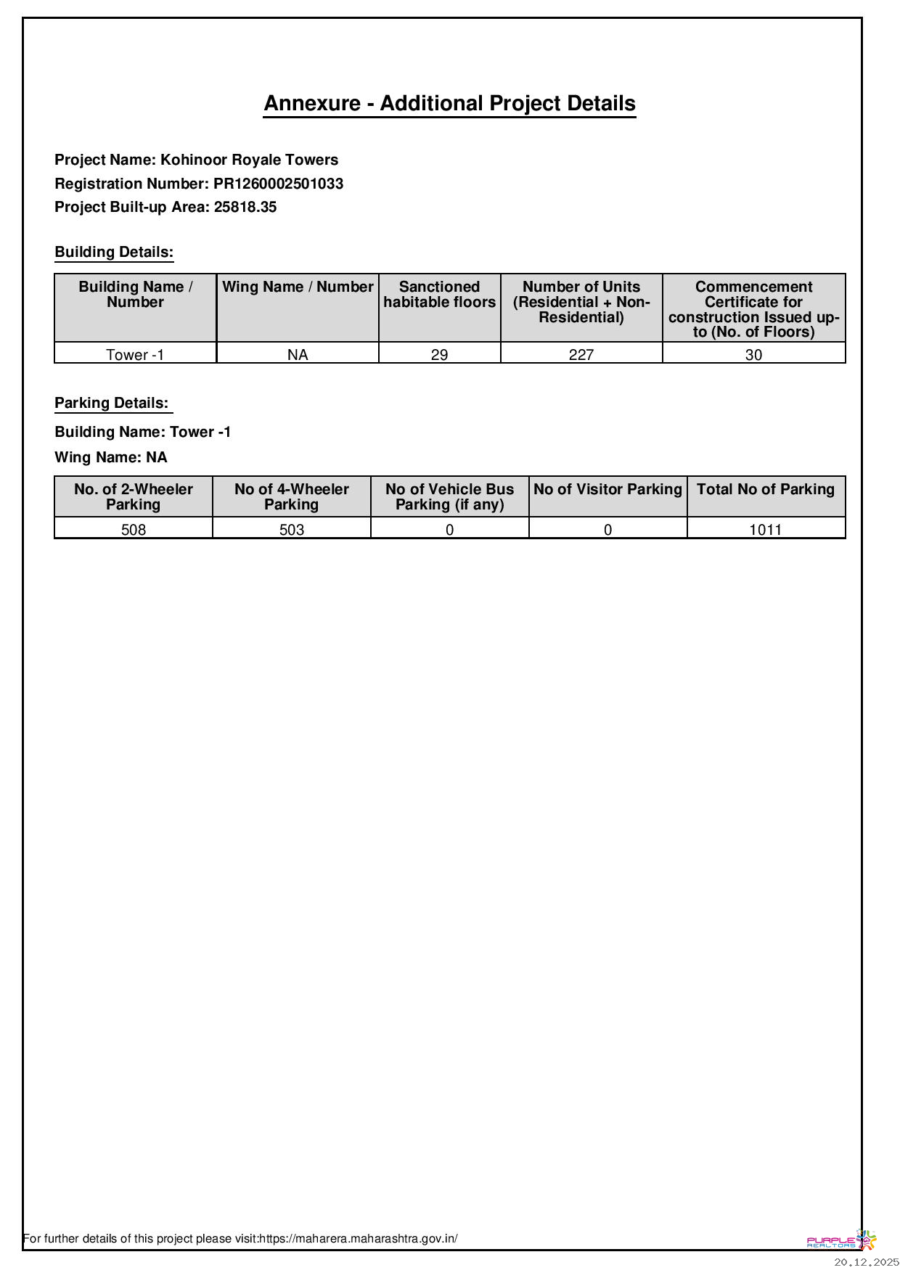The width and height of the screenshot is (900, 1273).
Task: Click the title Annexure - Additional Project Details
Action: coord(449,103)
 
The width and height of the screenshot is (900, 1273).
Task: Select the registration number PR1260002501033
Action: coord(278,184)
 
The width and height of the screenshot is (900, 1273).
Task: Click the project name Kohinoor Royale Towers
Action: coord(249,160)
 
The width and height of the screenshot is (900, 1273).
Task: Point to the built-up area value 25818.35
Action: coord(245,207)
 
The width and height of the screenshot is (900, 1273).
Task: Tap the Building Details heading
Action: coord(114,252)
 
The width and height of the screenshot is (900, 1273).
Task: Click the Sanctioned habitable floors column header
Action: coord(439,295)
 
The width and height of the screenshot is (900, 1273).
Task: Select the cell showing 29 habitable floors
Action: coord(439,354)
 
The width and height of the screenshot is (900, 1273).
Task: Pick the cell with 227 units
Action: coord(581,354)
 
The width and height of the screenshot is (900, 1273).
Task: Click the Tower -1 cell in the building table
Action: coord(135,354)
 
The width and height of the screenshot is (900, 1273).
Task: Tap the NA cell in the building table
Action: coord(298,354)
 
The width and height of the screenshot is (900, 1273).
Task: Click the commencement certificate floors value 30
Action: coord(753,354)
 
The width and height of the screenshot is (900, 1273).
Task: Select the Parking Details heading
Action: coord(112,403)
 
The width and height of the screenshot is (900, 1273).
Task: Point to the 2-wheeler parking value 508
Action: coord(134,529)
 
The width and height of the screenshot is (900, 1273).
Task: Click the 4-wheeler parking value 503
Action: coord(292,529)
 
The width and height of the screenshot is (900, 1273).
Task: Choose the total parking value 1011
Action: coord(766,529)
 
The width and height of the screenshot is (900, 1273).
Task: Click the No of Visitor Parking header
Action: coord(607,489)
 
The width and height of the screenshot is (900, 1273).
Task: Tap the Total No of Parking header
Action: coord(766,489)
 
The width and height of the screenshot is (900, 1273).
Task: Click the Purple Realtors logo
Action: coord(841,1240)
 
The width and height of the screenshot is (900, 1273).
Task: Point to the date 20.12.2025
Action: coord(866,1263)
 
